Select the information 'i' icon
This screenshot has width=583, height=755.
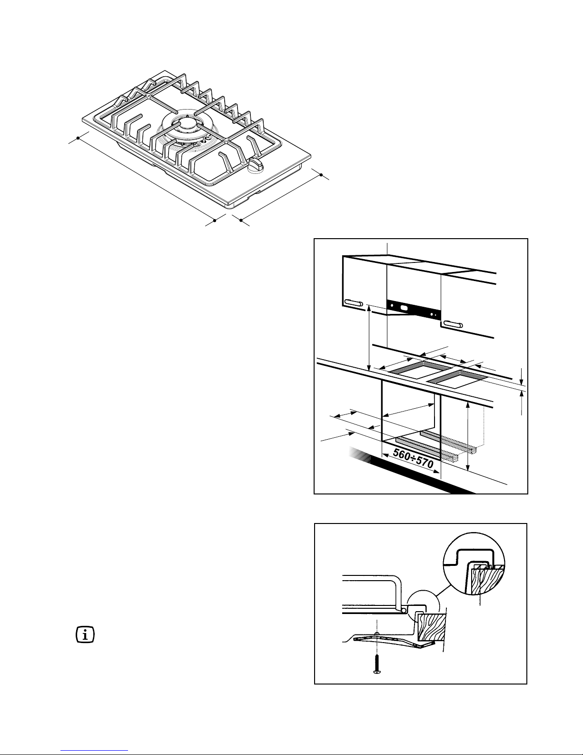click(x=86, y=635)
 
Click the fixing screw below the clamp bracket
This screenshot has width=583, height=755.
click(x=376, y=664)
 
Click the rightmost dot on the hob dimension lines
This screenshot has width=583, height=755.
click(x=321, y=176)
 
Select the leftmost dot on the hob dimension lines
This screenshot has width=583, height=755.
click(x=78, y=139)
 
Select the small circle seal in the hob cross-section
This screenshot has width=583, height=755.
click(x=404, y=610)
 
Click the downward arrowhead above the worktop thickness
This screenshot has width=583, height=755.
click(x=522, y=381)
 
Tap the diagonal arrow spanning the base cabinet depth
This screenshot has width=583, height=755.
click(x=409, y=411)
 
